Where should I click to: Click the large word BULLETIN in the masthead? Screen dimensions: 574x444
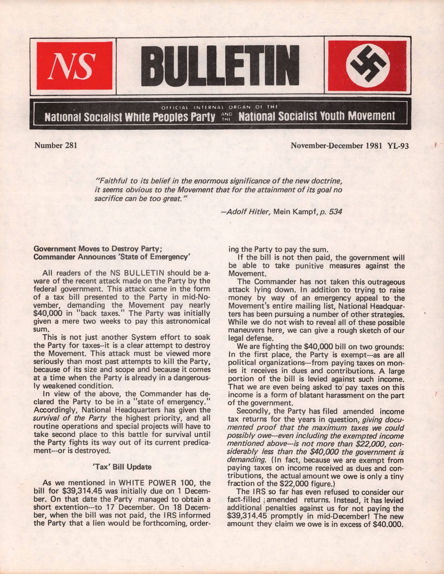point(220,66)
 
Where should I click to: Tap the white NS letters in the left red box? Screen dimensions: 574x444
point(74,66)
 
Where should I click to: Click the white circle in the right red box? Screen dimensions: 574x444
point(367,65)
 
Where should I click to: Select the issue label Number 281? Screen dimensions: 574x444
point(56,146)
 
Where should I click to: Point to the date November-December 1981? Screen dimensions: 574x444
point(336,146)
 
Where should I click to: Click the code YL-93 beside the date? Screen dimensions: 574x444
point(398,146)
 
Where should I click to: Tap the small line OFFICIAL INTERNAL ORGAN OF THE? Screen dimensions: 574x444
point(220,107)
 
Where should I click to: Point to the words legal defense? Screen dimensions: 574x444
point(250,339)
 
